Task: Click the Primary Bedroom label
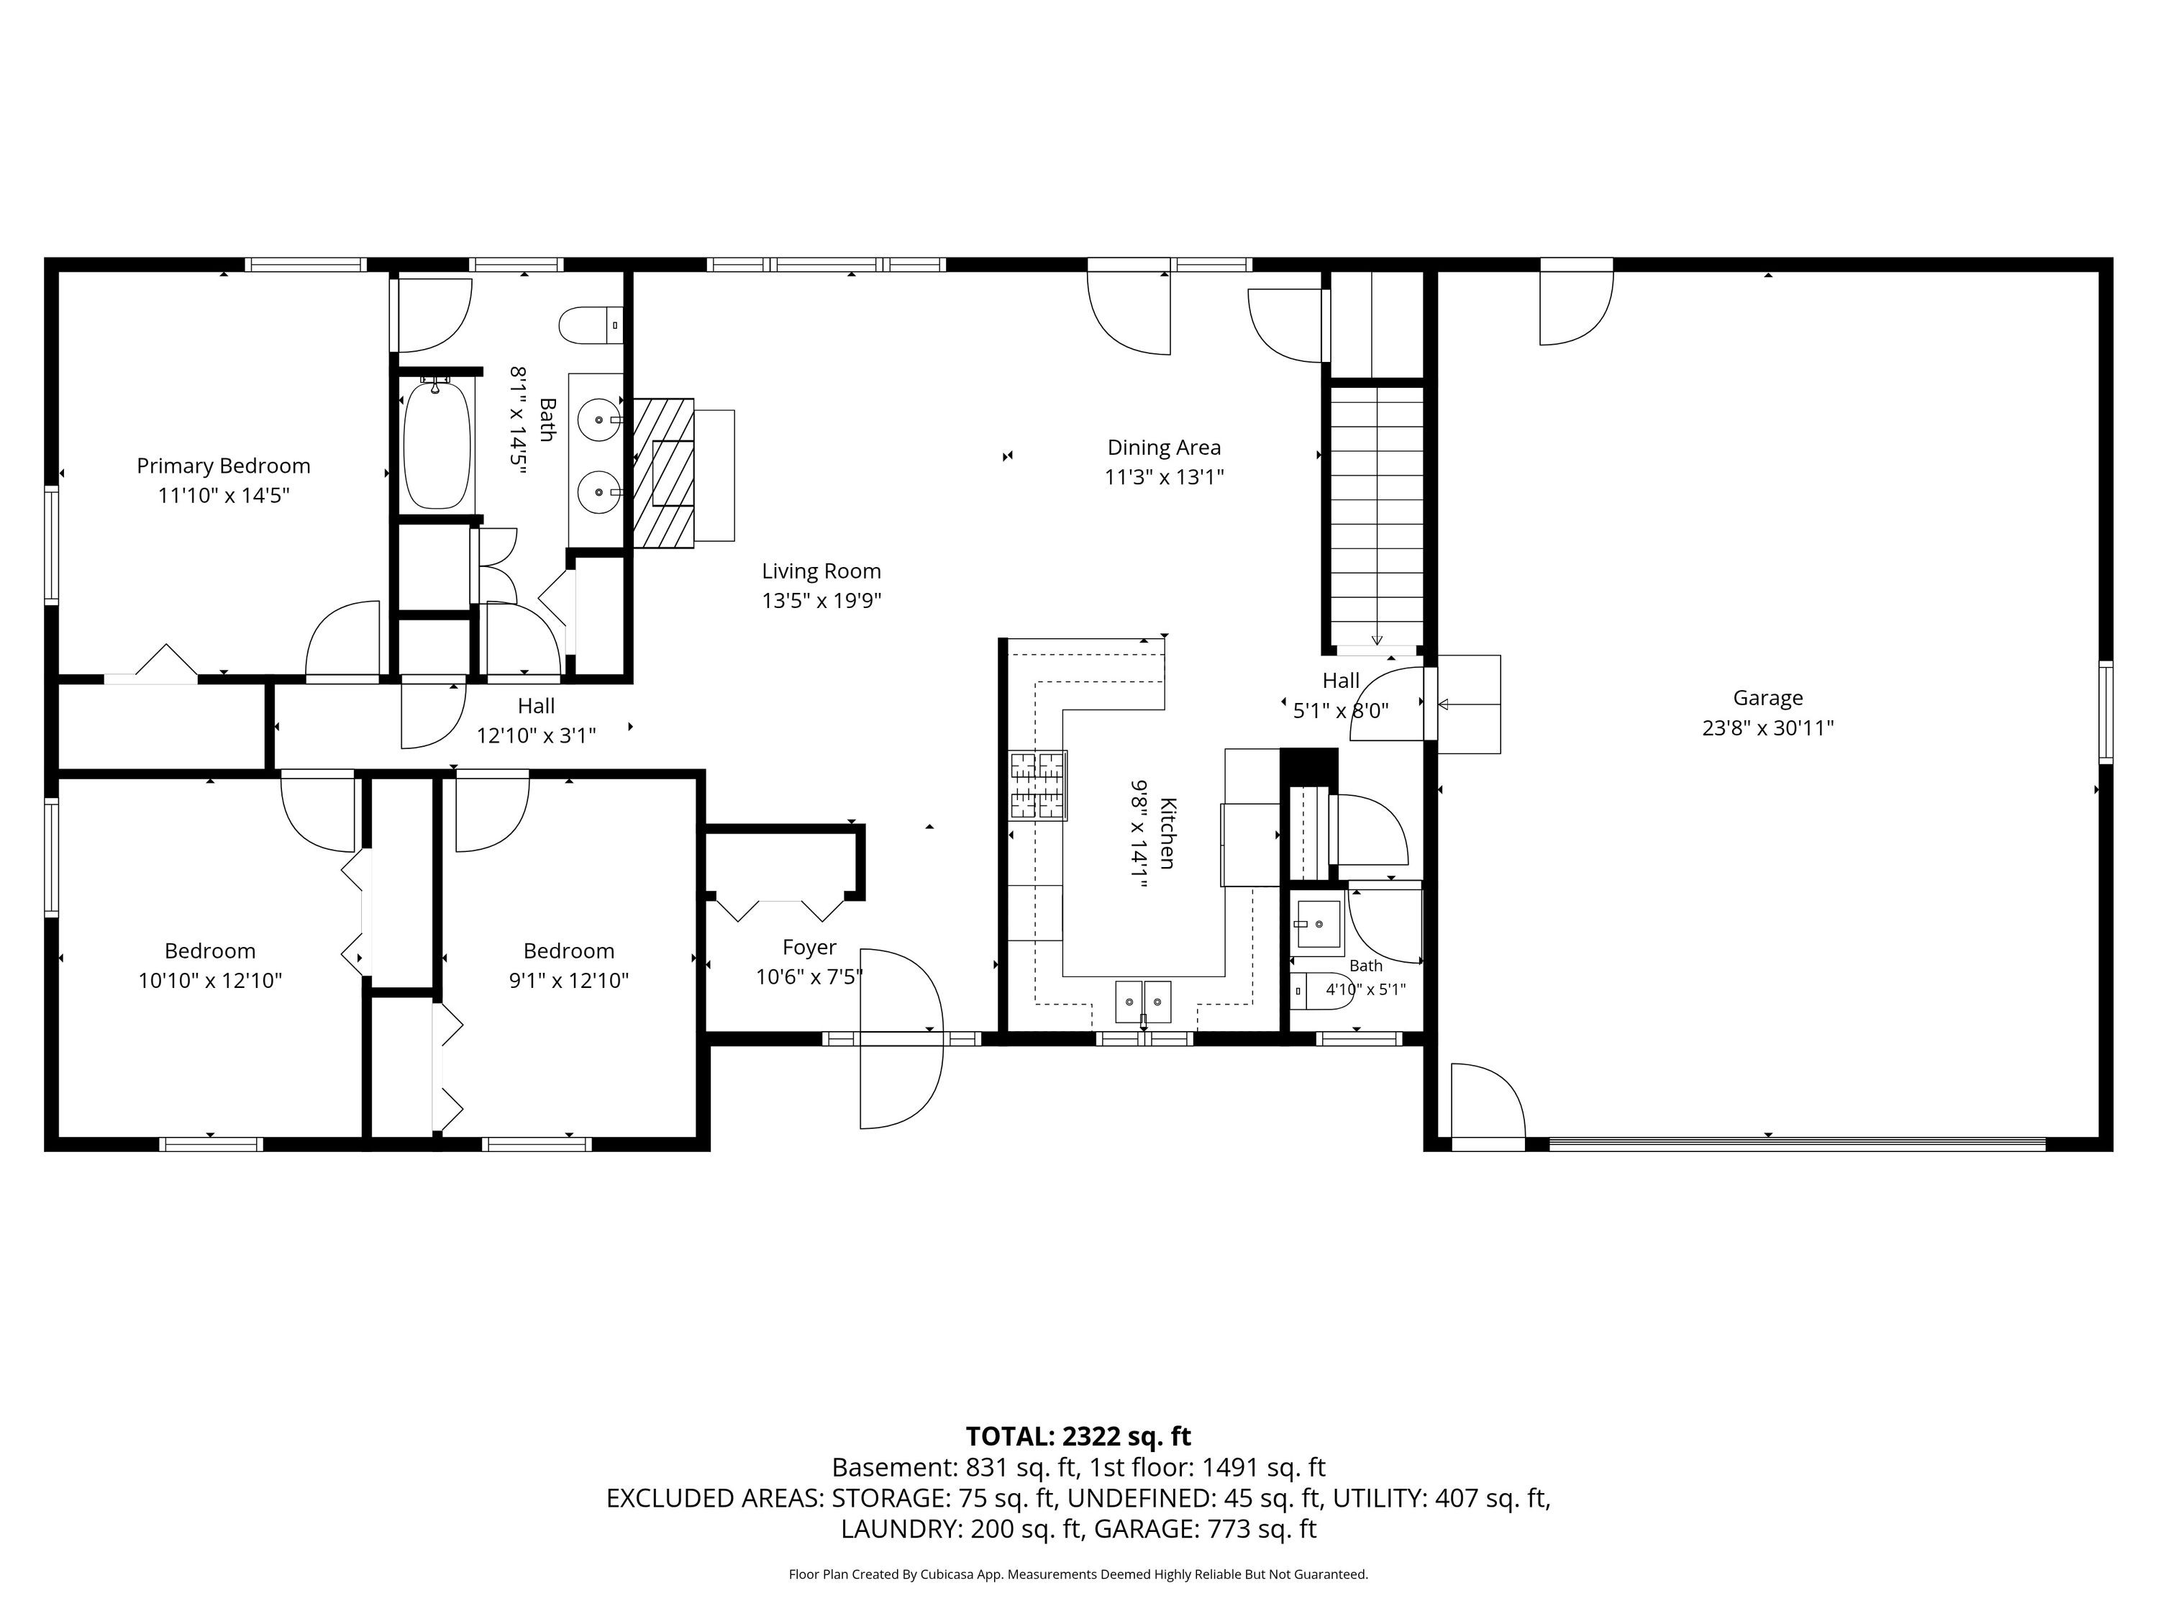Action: pyautogui.click(x=224, y=466)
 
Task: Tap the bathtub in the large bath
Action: pyautogui.click(x=437, y=444)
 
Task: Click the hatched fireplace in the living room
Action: pyautogui.click(x=663, y=473)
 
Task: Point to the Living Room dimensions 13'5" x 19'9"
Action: pyautogui.click(x=821, y=600)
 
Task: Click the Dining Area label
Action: pyautogui.click(x=1164, y=447)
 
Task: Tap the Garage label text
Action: pyautogui.click(x=1768, y=698)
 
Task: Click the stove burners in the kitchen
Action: pyautogui.click(x=1038, y=784)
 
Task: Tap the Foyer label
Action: pyautogui.click(x=810, y=947)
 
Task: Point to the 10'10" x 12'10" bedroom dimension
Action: pyautogui.click(x=210, y=980)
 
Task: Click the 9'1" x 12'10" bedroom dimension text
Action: pyautogui.click(x=569, y=980)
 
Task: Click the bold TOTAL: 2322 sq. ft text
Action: pyautogui.click(x=1078, y=1436)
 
